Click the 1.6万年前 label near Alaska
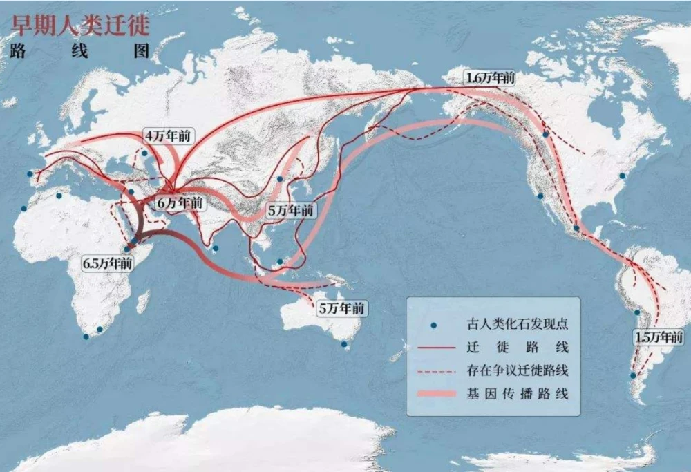pyautogui.click(x=490, y=78)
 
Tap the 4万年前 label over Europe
pyautogui.click(x=167, y=135)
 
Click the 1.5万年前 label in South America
pyautogui.click(x=659, y=338)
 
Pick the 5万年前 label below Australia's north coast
pyautogui.click(x=340, y=309)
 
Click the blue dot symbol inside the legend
pyautogui.click(x=435, y=325)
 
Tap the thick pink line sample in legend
pyautogui.click(x=434, y=394)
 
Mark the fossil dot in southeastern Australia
pyautogui.click(x=345, y=343)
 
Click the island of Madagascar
pyautogui.click(x=143, y=301)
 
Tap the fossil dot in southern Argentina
pyautogui.click(x=633, y=375)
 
